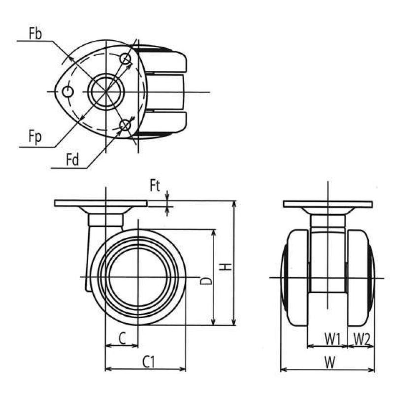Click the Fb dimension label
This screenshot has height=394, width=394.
click(35, 33)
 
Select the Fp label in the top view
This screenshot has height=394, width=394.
click(35, 137)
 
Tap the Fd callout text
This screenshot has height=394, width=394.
click(72, 160)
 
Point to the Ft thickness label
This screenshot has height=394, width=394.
click(155, 186)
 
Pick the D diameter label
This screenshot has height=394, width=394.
click(206, 281)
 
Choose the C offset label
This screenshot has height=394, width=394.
click(122, 338)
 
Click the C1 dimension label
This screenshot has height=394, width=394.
click(149, 362)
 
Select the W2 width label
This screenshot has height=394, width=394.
click(362, 339)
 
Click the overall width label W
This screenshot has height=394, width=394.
click(329, 363)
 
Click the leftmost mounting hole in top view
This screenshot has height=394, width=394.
click(67, 92)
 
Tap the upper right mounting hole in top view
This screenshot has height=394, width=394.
click(125, 59)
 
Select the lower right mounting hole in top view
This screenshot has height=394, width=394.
click(125, 125)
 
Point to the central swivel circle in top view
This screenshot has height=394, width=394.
click(106, 92)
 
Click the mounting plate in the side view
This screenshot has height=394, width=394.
click(101, 203)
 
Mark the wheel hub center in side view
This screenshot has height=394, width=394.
click(138, 277)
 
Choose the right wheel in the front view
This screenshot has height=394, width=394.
click(361, 278)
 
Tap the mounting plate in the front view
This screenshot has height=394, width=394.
click(328, 204)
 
